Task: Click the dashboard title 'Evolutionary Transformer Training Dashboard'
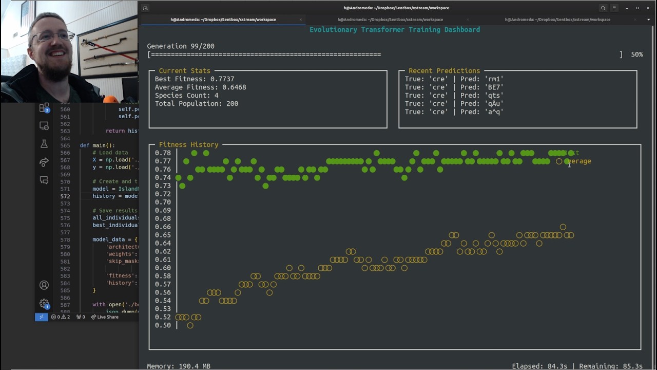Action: [x=394, y=30]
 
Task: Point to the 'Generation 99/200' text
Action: [x=180, y=46]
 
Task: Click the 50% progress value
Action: [x=636, y=54]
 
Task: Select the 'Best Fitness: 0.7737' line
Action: [x=194, y=79]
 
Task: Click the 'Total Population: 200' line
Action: [x=196, y=104]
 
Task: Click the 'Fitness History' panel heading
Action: [x=188, y=145]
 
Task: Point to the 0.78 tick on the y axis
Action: [x=163, y=153]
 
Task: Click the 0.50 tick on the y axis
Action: [x=163, y=325]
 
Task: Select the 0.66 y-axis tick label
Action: [x=163, y=227]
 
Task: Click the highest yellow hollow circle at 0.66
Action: [x=563, y=227]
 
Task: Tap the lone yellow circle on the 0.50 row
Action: [x=190, y=325]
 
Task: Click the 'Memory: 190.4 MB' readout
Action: [x=179, y=366]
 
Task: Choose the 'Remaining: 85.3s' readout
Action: [x=611, y=366]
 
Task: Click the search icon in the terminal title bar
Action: [x=603, y=8]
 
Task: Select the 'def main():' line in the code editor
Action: [x=98, y=145]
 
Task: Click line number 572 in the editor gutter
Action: [x=65, y=196]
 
